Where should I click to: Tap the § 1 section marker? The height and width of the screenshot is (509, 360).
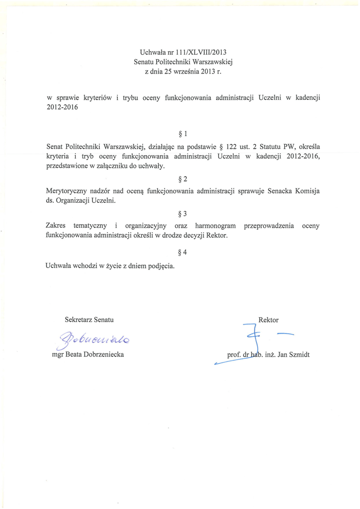pos(182,134)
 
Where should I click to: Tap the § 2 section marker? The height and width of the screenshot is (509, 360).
pos(182,178)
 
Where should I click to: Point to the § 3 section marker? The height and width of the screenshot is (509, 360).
pos(182,214)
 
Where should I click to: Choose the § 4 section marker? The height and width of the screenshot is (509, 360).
pos(182,253)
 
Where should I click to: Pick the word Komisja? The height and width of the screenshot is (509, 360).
pos(306,191)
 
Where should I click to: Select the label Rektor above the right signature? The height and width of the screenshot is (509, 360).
pos(269,320)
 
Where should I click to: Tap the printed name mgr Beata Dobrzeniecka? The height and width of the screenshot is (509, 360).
pos(88,354)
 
